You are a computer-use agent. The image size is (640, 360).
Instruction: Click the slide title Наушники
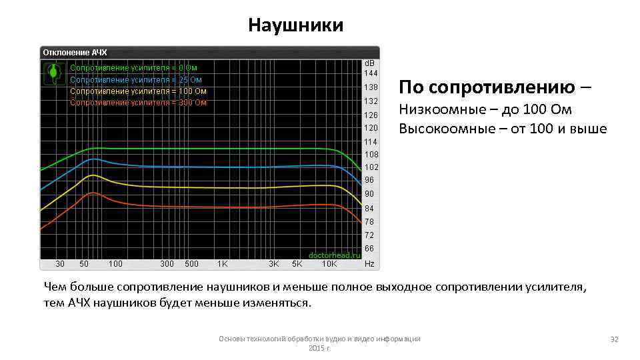(295, 25)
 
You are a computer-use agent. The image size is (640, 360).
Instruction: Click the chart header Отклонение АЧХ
(75, 52)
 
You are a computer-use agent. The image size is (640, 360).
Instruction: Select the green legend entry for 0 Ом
(133, 67)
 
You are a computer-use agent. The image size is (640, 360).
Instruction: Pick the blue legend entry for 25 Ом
(136, 79)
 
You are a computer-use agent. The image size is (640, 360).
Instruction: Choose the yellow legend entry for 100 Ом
(138, 91)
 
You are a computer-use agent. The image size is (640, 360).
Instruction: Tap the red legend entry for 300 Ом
(138, 103)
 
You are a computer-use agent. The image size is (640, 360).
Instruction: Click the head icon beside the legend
(53, 73)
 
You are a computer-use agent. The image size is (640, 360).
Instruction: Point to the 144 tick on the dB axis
(371, 73)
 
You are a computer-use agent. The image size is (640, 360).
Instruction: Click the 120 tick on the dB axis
(371, 127)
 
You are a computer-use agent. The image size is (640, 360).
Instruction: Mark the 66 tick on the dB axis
(369, 249)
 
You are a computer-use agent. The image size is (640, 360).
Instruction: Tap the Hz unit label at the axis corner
(369, 264)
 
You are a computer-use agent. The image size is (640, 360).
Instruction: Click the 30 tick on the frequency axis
(60, 264)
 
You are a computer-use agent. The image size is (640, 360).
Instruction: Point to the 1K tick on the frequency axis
(223, 264)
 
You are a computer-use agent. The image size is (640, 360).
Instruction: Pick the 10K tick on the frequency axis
(329, 264)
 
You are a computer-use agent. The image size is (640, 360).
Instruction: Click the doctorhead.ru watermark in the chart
(334, 255)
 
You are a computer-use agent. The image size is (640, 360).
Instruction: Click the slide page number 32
(614, 339)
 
